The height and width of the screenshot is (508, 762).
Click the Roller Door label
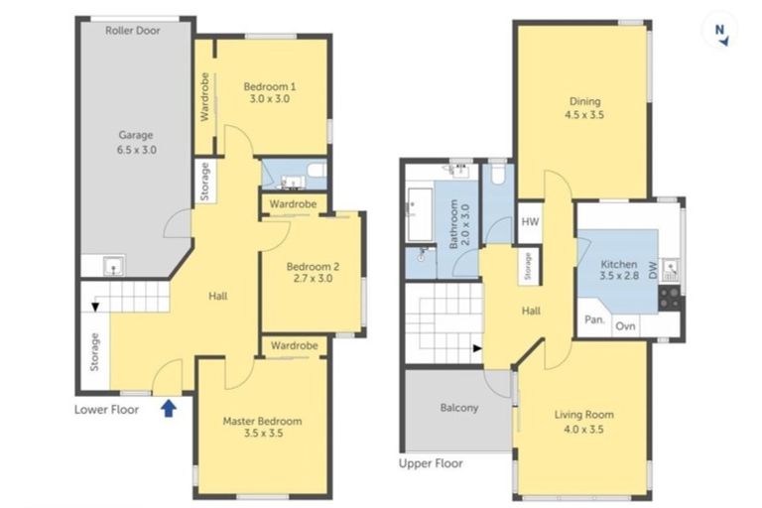click(133, 30)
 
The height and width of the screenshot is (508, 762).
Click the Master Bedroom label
click(262, 427)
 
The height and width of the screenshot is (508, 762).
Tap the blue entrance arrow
click(169, 406)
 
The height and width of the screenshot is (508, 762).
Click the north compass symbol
click(722, 32)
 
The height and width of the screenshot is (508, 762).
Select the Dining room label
click(584, 107)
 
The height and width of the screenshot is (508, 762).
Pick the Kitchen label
click(618, 271)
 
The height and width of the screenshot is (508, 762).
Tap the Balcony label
click(458, 408)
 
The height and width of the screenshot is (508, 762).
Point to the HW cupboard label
click(530, 222)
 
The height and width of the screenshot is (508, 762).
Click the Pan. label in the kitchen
click(594, 320)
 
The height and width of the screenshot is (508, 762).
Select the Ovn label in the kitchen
click(626, 325)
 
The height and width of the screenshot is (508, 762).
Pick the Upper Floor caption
click(430, 463)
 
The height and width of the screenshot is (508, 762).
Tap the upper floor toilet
click(498, 175)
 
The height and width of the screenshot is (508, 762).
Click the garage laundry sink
click(113, 265)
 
